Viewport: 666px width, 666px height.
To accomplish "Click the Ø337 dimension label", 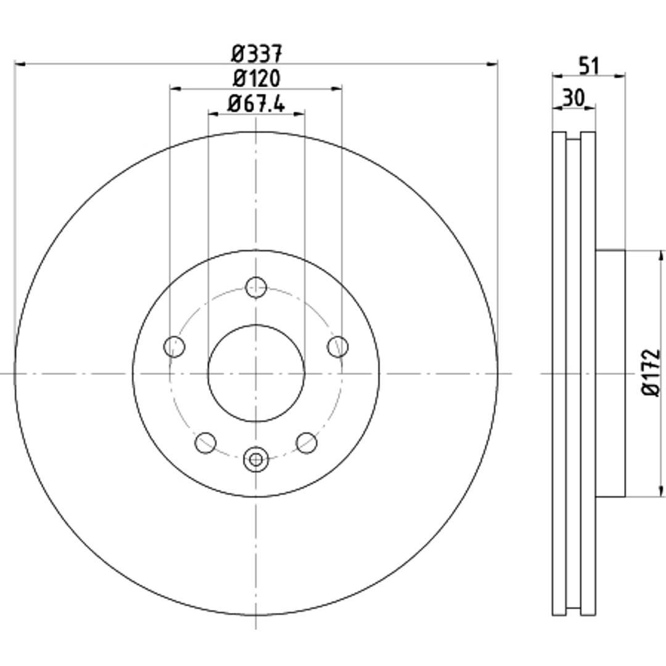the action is tap(257, 53).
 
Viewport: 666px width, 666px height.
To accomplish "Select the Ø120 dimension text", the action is tap(257, 78).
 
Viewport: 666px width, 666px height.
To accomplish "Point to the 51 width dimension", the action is tap(589, 66).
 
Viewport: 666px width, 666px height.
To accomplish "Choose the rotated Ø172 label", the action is tap(651, 373).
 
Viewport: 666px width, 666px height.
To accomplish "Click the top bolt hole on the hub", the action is tap(256, 287).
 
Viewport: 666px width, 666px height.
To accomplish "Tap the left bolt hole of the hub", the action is tap(174, 347).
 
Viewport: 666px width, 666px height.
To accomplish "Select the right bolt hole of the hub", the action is tap(338, 347).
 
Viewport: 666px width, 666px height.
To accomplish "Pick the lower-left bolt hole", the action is tap(205, 443).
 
